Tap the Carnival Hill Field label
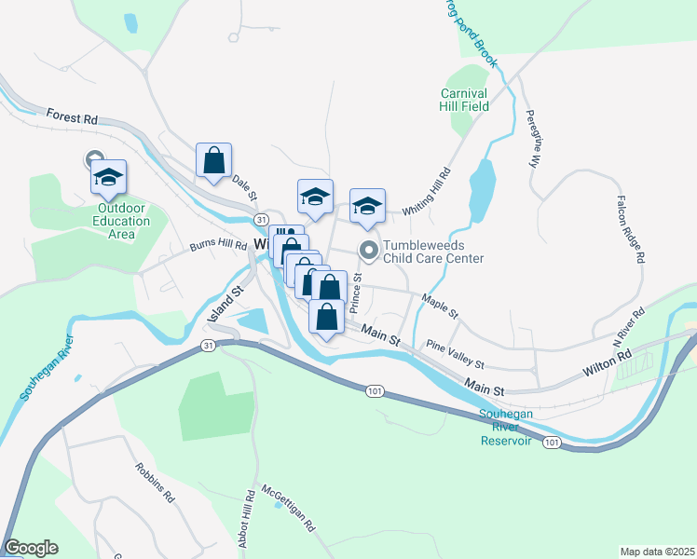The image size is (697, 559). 465,100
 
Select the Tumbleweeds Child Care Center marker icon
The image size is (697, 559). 369,249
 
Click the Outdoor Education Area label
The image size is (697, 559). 121,221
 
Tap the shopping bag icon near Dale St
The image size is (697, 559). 214,160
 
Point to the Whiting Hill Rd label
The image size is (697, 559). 426,193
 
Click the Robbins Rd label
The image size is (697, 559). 155,484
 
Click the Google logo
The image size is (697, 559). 31,548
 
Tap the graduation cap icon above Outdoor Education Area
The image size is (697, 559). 109,177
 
